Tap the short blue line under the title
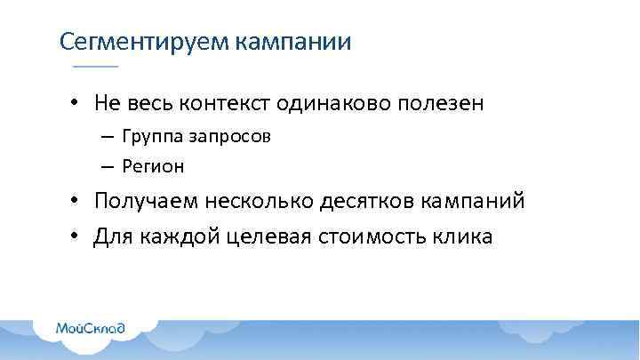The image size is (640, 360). (x=94, y=68)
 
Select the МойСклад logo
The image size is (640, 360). (x=90, y=328)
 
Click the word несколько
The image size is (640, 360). (x=261, y=201)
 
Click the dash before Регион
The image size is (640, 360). (x=107, y=165)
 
